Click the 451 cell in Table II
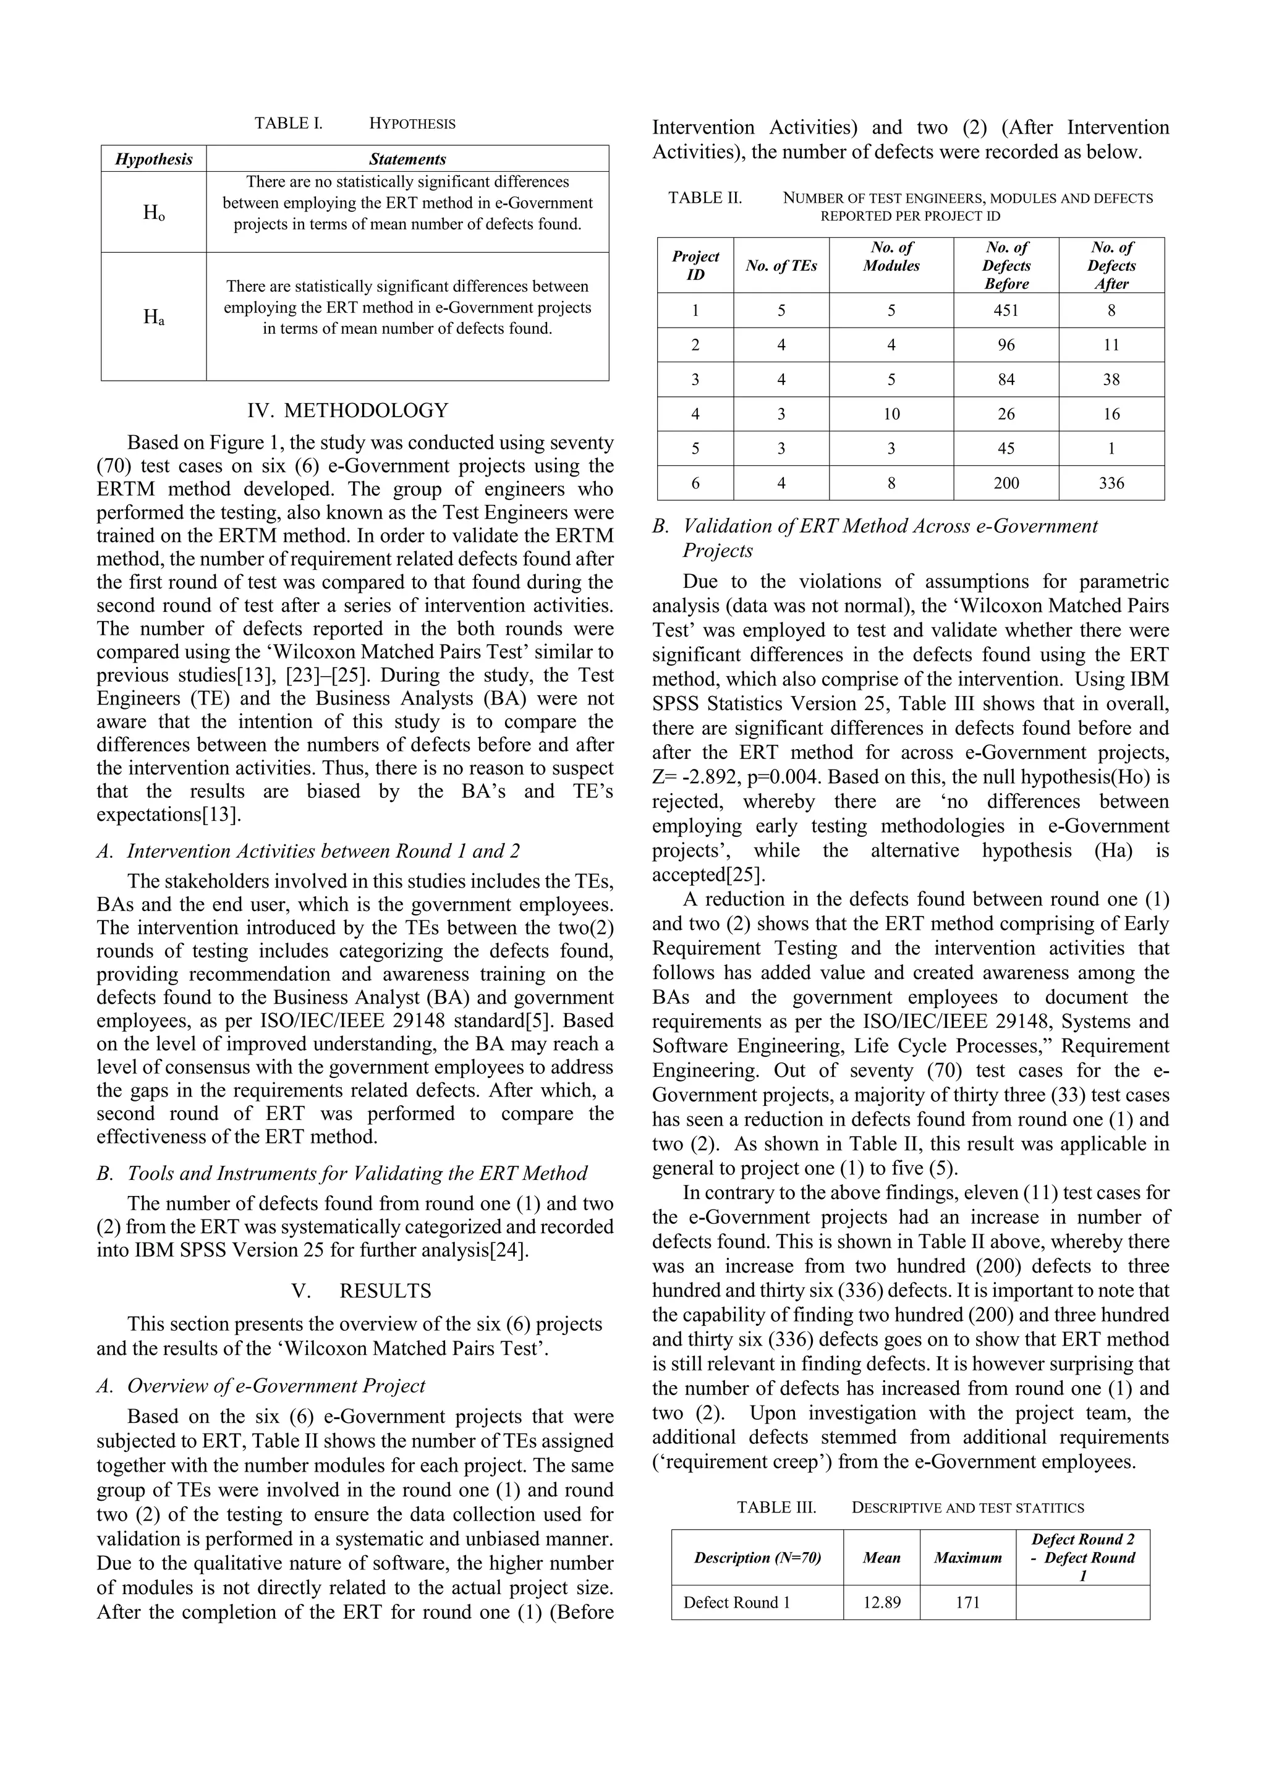tap(1006, 310)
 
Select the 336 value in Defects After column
tap(1111, 483)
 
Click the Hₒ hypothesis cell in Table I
tap(153, 212)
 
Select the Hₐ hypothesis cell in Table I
tap(153, 316)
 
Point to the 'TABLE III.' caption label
tap(776, 1508)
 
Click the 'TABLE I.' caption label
tap(289, 123)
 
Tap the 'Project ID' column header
tap(695, 265)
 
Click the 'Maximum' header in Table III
tap(967, 1558)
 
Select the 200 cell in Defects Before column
tap(1006, 483)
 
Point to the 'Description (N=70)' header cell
tap(757, 1558)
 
